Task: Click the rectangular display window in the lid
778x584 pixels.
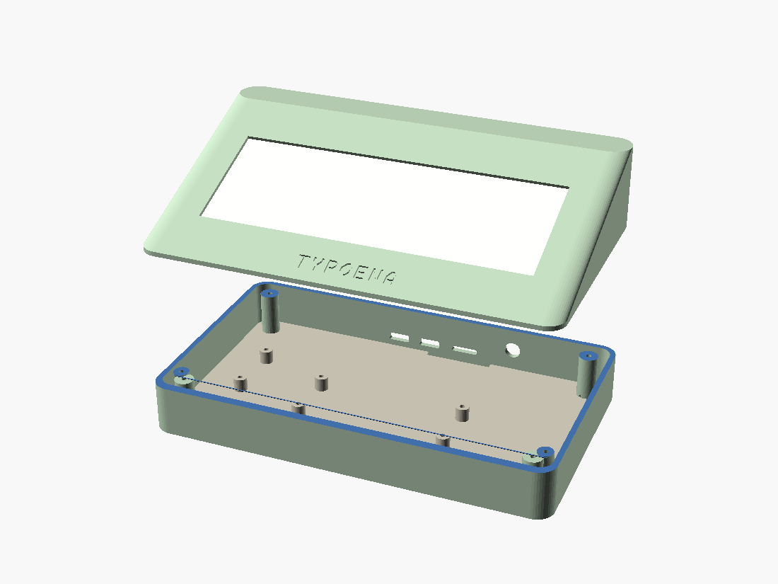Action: (385, 205)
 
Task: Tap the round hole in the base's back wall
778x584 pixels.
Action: (512, 350)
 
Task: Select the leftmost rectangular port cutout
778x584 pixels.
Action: (400, 338)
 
